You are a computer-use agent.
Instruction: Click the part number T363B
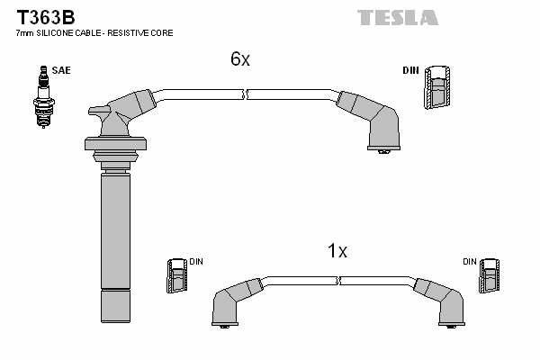(x=46, y=17)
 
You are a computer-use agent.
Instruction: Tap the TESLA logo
(x=398, y=18)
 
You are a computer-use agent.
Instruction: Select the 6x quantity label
(x=240, y=58)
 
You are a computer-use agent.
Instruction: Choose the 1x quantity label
(x=337, y=251)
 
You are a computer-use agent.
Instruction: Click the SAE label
(x=61, y=70)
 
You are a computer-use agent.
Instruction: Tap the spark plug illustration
(x=44, y=97)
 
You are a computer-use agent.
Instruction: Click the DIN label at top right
(x=410, y=70)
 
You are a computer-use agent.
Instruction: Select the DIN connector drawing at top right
(x=437, y=87)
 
